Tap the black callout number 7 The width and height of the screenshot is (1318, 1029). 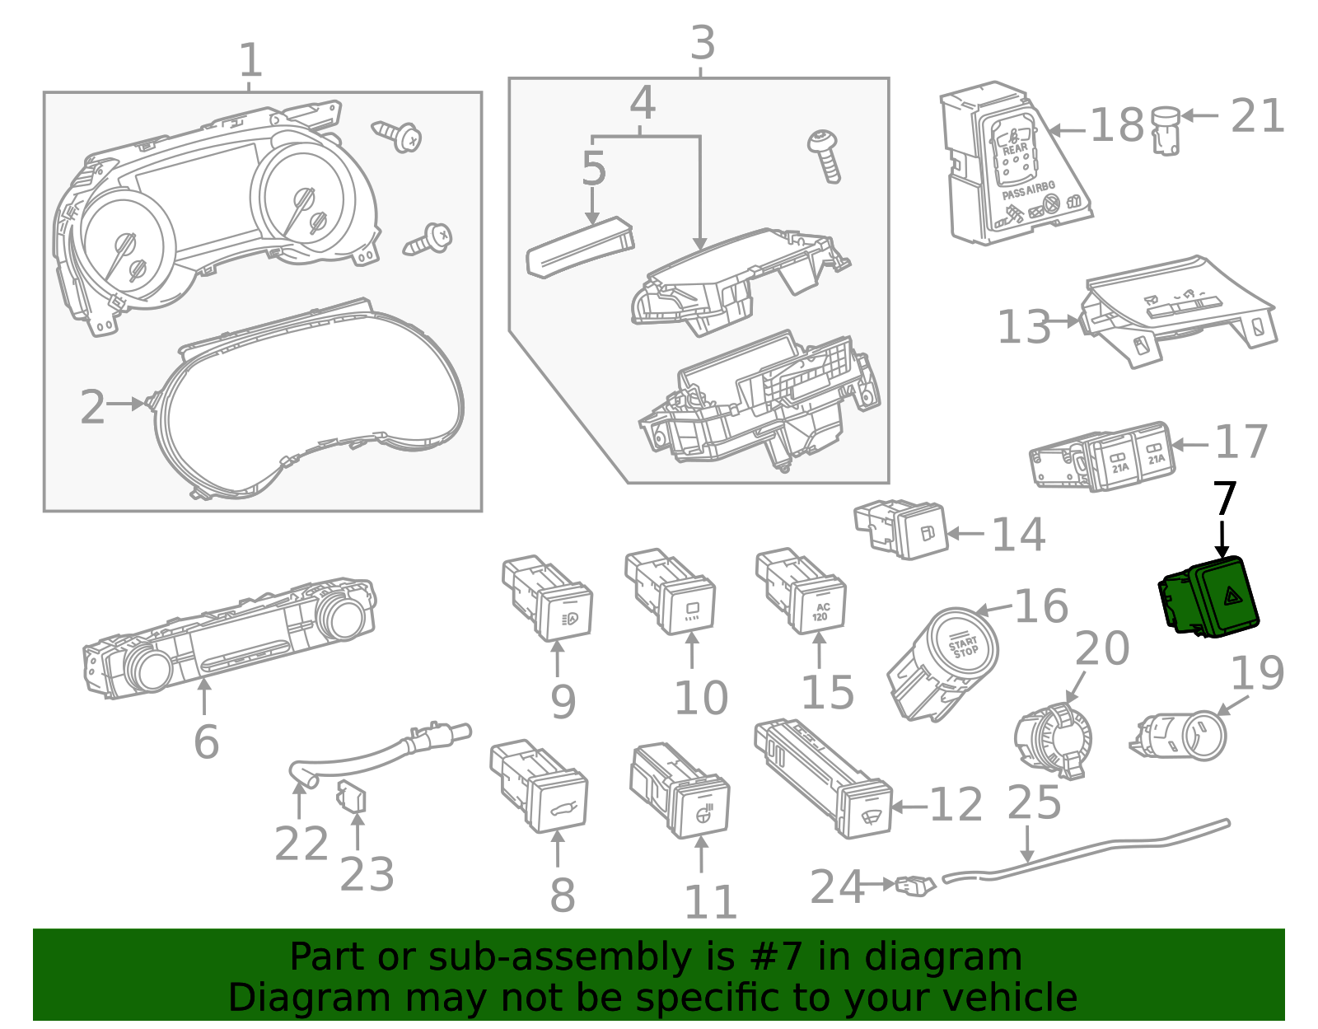tap(1225, 498)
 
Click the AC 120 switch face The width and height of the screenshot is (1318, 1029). tap(820, 610)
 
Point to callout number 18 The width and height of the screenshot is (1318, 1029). tap(1117, 125)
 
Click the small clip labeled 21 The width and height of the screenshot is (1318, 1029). tap(1165, 130)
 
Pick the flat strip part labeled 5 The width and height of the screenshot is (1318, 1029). tap(579, 247)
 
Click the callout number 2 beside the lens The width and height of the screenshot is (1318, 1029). tap(92, 407)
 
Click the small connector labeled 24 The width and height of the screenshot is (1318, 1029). tap(915, 886)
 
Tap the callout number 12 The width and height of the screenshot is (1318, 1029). tap(956, 805)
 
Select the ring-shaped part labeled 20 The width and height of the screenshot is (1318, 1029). tap(1054, 737)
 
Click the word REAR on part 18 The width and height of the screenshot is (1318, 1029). tap(1014, 149)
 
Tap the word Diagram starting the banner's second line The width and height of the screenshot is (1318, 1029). tap(277, 998)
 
